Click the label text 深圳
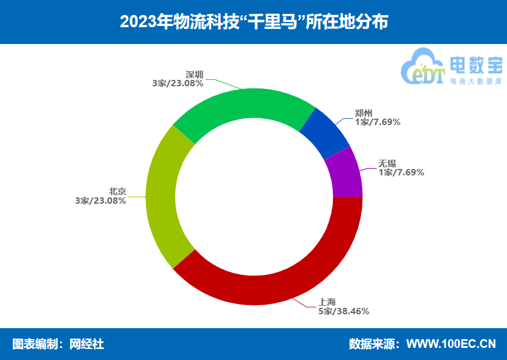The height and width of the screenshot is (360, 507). pos(194,75)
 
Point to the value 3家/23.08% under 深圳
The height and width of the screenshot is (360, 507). pos(178,83)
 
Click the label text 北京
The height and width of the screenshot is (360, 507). pos(117,192)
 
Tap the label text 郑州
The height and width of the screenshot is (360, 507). pos(363,113)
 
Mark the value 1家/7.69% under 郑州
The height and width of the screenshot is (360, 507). pos(378,122)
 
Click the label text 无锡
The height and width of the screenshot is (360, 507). pos(387,163)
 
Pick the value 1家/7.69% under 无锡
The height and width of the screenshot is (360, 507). pos(402,172)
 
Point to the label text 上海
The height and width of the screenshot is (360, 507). pos(327,302)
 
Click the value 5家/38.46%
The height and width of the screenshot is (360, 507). pos(344,311)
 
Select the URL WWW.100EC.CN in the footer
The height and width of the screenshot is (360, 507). pos(451,344)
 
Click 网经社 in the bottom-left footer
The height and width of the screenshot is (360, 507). pos(87,344)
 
